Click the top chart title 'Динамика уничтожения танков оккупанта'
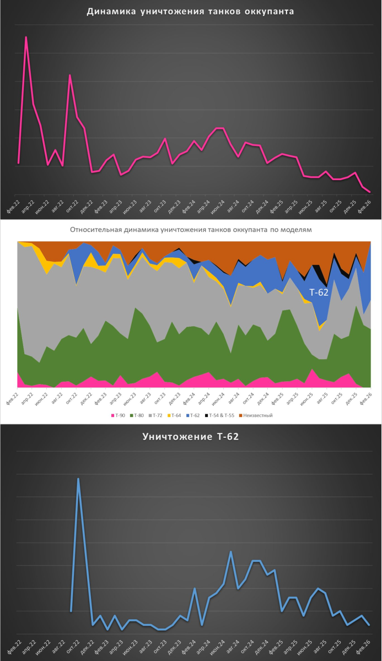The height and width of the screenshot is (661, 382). click(190, 12)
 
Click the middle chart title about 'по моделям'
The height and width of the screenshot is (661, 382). click(191, 230)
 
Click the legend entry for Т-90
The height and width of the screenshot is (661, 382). click(120, 415)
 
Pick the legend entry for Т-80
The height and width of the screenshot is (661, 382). click(138, 415)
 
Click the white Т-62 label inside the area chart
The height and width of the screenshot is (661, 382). click(318, 292)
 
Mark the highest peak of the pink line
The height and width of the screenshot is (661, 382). click(26, 37)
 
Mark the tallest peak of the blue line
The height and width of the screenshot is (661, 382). click(78, 479)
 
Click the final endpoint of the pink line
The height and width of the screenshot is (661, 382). click(369, 192)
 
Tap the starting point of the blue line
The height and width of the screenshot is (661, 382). click(71, 611)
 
